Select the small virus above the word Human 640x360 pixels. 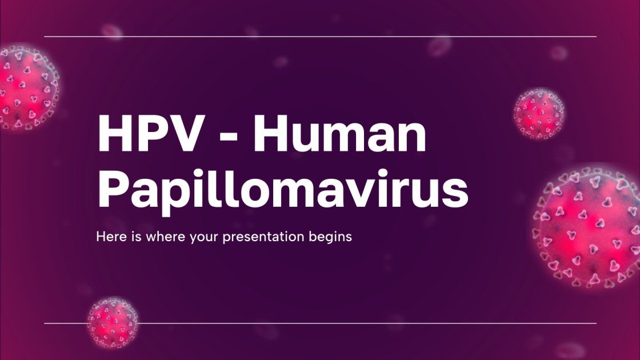(538, 113)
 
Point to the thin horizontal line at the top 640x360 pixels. (320, 37)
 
